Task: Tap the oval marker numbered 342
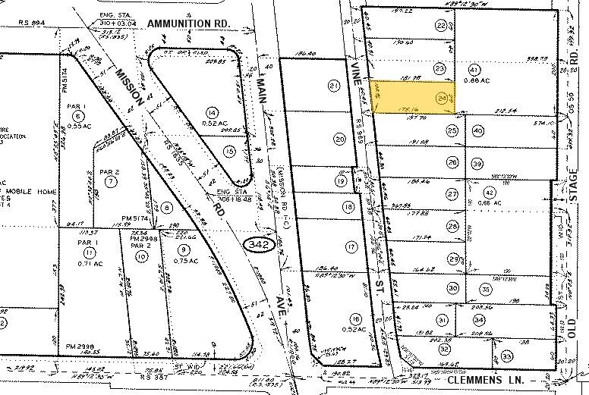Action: point(256,245)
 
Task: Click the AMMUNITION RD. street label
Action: point(188,24)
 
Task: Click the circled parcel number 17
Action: point(351,246)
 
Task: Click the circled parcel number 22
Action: point(441,26)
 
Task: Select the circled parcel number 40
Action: point(478,130)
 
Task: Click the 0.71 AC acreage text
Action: point(91,265)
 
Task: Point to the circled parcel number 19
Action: point(341,181)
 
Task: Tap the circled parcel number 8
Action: point(166,207)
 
